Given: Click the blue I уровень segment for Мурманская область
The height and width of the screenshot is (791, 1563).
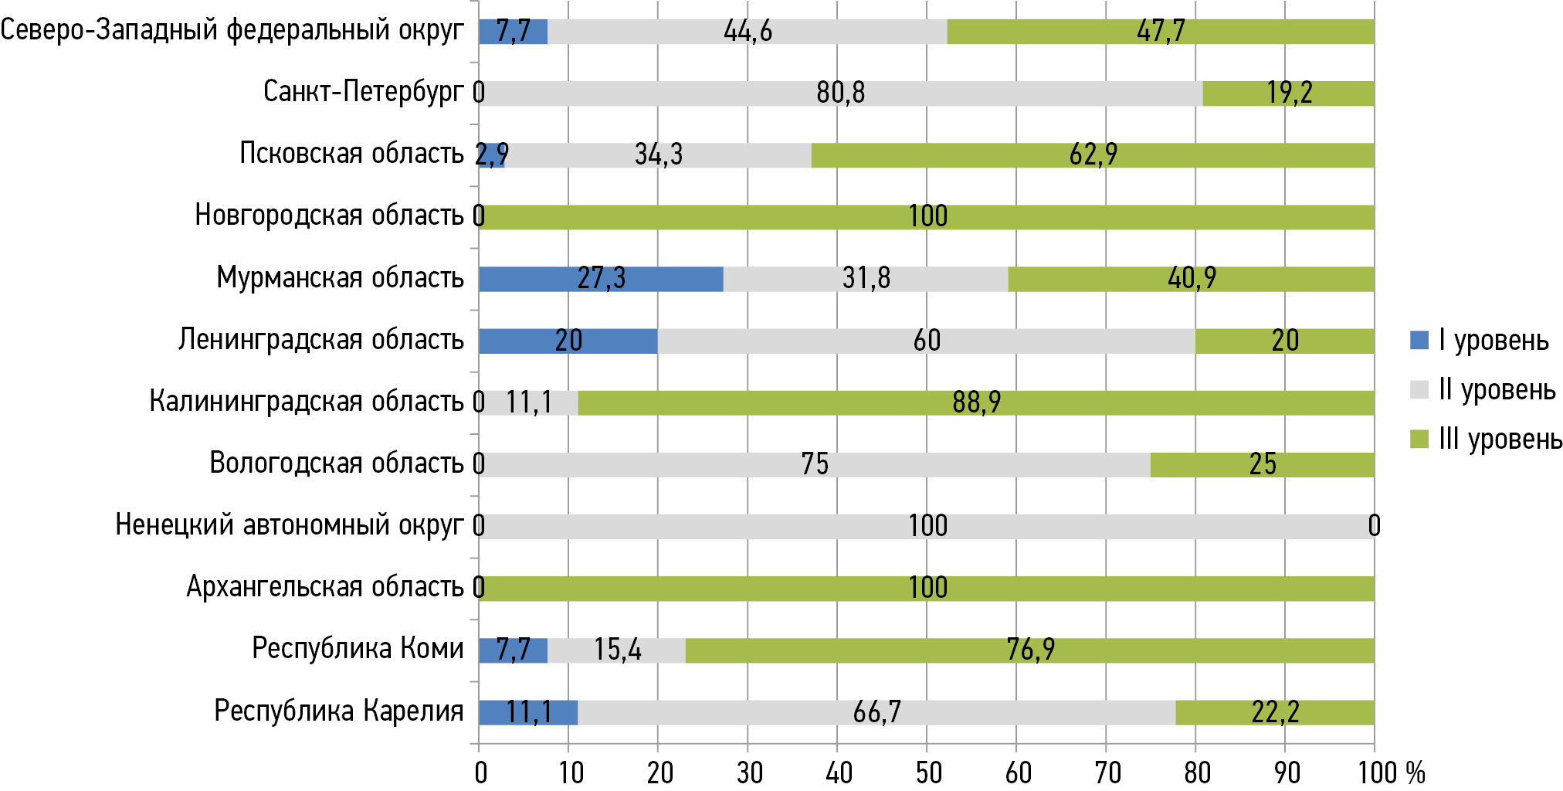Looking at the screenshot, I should click(601, 279).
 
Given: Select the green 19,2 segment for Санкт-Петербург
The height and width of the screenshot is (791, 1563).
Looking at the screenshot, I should click(1288, 93).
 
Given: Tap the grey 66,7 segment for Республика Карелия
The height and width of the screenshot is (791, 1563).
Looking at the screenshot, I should click(876, 712).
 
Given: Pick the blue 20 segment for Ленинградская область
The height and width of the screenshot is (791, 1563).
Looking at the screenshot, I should click(568, 341).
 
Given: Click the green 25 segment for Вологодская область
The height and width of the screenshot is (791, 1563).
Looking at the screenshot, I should click(1262, 464).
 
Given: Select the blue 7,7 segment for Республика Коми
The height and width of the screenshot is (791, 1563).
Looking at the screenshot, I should click(513, 650).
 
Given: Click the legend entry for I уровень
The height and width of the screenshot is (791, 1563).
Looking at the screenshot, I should click(1480, 340).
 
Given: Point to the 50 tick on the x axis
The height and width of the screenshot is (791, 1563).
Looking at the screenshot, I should click(927, 772).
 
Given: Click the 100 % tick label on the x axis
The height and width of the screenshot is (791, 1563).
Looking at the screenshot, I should click(1391, 772).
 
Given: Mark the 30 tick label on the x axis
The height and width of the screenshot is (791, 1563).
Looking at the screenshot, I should click(748, 772).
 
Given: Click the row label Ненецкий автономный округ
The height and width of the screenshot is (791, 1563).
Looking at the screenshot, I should click(290, 525).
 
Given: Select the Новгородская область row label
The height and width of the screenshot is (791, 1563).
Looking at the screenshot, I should click(329, 216).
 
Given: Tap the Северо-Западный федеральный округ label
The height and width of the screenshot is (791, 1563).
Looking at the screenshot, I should click(232, 31).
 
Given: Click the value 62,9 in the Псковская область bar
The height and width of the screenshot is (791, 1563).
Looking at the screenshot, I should click(1093, 155).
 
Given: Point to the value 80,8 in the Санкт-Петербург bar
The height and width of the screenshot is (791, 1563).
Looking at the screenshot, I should click(840, 93).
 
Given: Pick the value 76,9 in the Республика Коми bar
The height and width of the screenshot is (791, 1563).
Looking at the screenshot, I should click(1030, 650).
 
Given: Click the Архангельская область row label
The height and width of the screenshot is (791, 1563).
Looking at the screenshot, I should click(325, 587).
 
